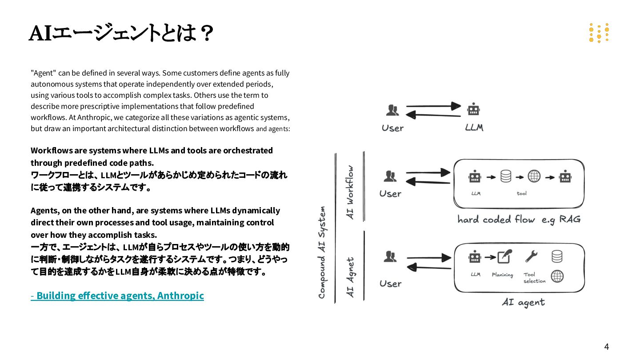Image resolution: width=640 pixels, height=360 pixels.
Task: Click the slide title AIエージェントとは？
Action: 121,33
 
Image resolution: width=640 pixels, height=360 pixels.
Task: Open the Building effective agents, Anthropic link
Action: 117,296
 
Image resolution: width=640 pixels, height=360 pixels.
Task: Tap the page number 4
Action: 606,347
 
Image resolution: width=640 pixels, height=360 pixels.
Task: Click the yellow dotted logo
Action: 599,33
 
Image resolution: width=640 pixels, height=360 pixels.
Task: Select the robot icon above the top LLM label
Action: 473,109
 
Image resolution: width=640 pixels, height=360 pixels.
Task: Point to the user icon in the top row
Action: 392,110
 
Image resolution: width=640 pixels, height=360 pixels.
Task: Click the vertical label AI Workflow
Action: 351,192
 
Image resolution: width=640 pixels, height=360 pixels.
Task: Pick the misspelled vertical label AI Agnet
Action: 351,277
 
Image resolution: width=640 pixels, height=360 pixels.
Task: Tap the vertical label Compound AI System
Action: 322,252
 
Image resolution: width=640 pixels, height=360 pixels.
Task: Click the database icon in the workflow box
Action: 506,176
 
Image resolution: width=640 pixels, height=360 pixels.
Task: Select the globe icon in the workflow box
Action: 534,176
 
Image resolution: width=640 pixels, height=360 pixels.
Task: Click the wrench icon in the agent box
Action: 531,256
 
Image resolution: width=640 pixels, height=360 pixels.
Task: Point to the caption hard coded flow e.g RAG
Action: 519,219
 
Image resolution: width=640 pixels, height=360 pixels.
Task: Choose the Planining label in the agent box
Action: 502,275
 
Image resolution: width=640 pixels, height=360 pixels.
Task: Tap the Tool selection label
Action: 534,278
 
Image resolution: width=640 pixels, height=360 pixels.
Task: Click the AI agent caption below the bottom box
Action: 523,302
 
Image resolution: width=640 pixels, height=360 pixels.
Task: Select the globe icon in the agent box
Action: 557,276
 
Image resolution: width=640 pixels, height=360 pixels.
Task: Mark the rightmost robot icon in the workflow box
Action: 565,176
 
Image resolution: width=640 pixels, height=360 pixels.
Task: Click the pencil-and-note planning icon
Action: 504,256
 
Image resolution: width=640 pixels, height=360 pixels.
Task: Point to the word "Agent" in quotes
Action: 43,73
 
